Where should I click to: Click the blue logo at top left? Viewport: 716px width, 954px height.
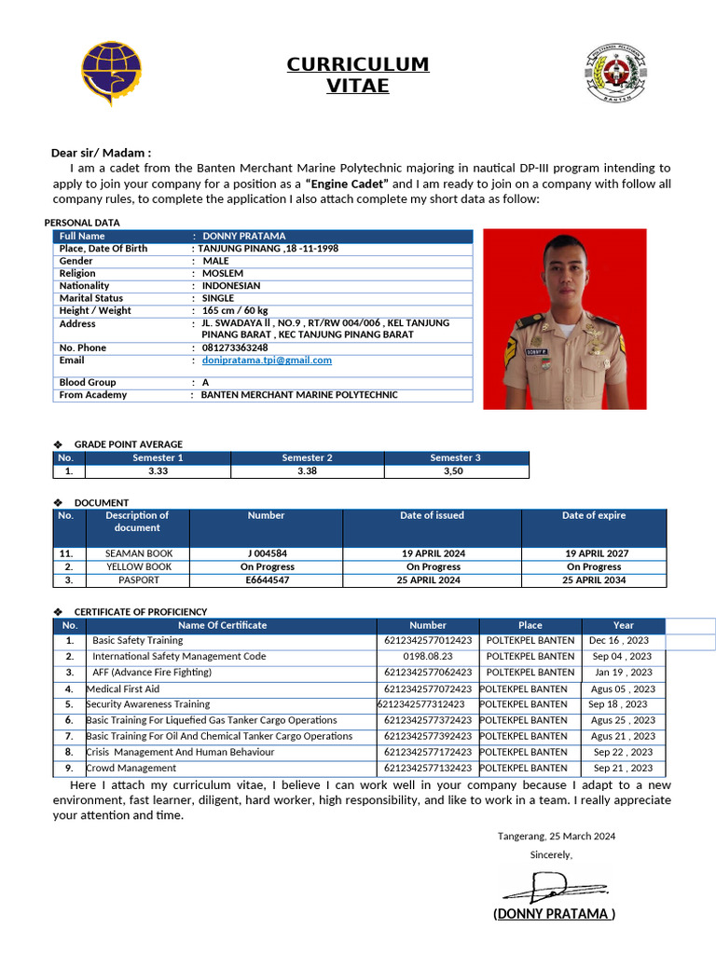pos(111,74)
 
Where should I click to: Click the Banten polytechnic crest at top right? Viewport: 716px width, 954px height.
pos(615,73)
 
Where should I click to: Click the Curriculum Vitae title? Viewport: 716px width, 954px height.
pos(357,75)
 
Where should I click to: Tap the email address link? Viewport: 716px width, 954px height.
pos(267,361)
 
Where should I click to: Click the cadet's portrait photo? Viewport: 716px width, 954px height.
pos(564,319)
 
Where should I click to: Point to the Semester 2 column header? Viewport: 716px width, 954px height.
pos(308,457)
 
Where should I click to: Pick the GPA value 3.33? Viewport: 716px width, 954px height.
pos(158,471)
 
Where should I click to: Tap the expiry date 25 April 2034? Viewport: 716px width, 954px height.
pos(594,579)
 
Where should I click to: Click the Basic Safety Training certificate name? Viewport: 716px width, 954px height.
pos(137,641)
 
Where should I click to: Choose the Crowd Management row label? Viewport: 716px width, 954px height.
pos(131,768)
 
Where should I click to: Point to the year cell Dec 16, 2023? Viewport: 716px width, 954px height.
pos(620,641)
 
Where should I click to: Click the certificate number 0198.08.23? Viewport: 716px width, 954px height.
pos(428,657)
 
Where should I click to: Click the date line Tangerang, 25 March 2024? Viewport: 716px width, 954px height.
pos(556,837)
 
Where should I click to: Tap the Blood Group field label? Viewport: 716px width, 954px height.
pos(88,382)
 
